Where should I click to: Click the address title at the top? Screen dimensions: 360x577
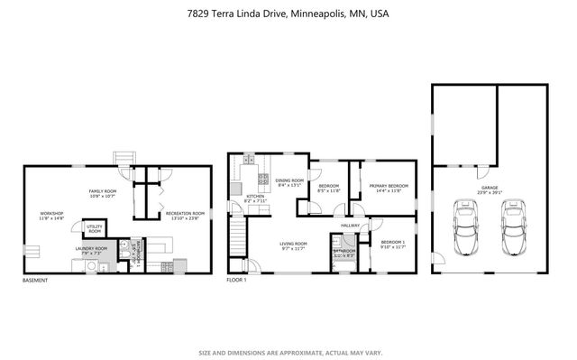pyautogui.click(x=288, y=14)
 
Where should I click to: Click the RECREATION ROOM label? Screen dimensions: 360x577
pyautogui.click(x=185, y=215)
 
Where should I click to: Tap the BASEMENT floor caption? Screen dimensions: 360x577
pyautogui.click(x=36, y=280)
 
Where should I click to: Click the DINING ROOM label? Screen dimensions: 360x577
pyautogui.click(x=289, y=182)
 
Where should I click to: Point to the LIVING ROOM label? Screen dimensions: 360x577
pyautogui.click(x=294, y=245)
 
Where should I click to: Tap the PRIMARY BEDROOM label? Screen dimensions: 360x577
pyautogui.click(x=389, y=188)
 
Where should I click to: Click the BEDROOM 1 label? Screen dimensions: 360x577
pyautogui.click(x=394, y=244)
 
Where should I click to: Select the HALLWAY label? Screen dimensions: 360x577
pyautogui.click(x=351, y=226)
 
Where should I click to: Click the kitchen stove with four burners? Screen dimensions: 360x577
pyautogui.click(x=264, y=178)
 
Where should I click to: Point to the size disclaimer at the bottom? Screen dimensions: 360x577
pyautogui.click(x=288, y=352)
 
